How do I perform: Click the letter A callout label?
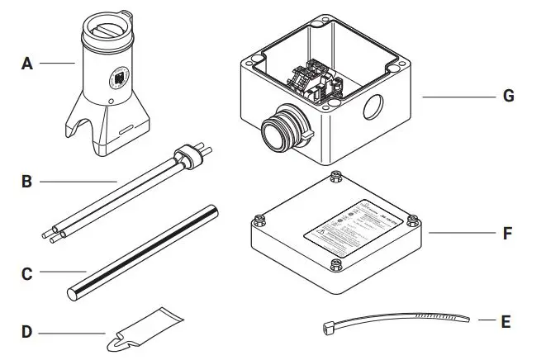click(26, 63)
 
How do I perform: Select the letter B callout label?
click(26, 180)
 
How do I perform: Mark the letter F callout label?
click(506, 234)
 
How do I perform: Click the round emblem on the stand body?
click(117, 77)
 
